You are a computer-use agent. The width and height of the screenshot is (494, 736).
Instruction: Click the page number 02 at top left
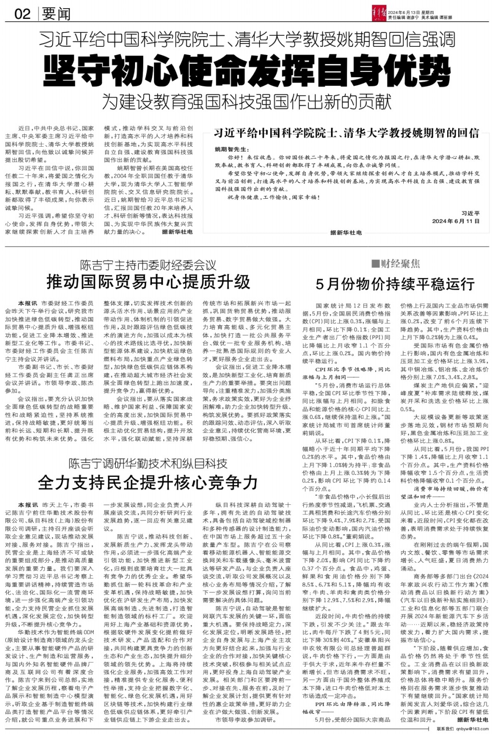[22, 14]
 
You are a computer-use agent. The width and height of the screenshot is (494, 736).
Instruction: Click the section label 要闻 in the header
[56, 14]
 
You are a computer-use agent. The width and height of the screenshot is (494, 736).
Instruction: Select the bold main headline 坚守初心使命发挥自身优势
[247, 71]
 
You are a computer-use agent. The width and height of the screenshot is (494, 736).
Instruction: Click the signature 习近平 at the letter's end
[470, 213]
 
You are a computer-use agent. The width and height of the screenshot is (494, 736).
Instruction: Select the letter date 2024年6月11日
[456, 221]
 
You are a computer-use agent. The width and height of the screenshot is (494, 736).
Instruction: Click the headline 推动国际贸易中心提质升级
[148, 281]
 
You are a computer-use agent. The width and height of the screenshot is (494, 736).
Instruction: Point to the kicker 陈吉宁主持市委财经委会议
[148, 264]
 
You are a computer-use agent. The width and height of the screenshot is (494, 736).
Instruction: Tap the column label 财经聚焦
[400, 263]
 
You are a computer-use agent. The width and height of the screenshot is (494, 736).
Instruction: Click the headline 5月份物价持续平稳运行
[395, 284]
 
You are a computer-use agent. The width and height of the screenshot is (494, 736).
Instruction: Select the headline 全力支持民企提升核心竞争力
[148, 482]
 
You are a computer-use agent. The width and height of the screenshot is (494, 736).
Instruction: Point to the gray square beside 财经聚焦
[375, 264]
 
